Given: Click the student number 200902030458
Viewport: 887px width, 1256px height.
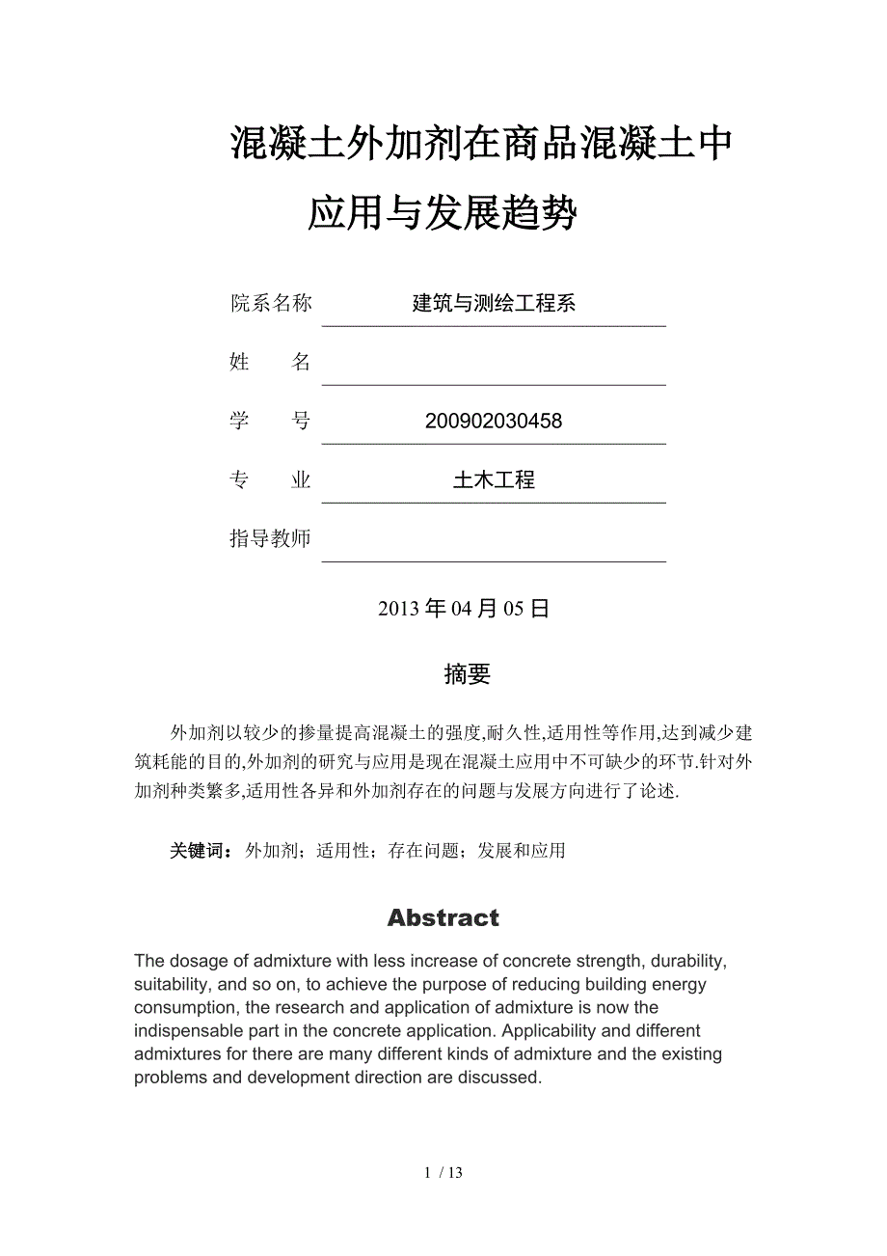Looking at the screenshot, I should point(493,422).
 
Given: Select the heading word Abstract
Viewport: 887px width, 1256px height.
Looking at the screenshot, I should point(443,917).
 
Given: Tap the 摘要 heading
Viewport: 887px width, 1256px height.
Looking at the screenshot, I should point(468,674).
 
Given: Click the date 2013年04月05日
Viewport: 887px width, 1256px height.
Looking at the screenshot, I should point(464,609).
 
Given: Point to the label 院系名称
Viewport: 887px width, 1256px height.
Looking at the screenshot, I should point(271,303).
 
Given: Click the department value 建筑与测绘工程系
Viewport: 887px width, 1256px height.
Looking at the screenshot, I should point(494,303).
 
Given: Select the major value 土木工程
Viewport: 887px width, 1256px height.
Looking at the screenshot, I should point(494,480).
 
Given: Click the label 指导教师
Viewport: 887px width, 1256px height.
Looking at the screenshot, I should point(271,538).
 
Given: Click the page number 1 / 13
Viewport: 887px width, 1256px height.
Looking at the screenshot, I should point(443,1173).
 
